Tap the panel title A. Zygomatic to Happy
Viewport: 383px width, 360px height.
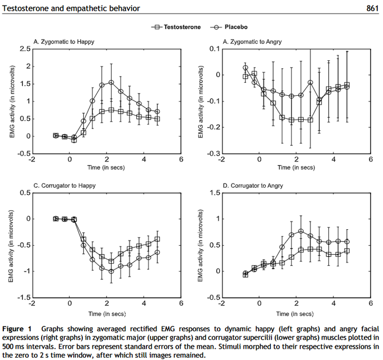click(x=64, y=42)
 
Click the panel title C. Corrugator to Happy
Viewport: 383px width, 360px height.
click(x=64, y=185)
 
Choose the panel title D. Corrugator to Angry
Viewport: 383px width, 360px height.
click(x=253, y=185)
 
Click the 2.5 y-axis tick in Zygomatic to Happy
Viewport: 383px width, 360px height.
click(x=24, y=49)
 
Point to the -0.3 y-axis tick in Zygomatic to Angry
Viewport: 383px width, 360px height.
click(x=213, y=153)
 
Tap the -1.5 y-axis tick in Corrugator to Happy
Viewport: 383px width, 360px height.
click(x=23, y=297)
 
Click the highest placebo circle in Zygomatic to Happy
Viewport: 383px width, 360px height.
click(x=111, y=82)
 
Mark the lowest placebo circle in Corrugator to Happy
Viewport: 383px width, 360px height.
click(x=111, y=271)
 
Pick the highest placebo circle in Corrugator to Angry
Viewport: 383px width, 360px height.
click(x=300, y=231)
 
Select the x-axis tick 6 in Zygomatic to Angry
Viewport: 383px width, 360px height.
click(x=370, y=159)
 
